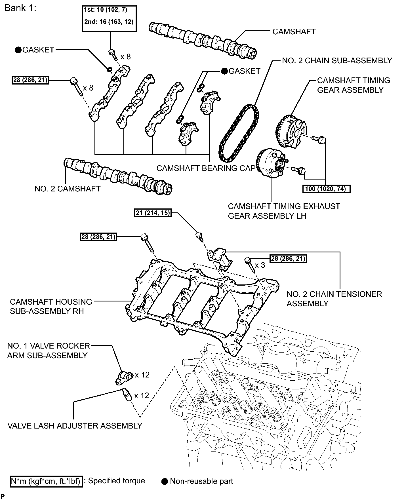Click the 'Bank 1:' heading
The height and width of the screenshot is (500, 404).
click(x=20, y=8)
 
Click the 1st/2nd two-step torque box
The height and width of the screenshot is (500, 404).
click(x=109, y=18)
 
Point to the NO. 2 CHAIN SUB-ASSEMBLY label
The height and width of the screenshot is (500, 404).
click(x=337, y=61)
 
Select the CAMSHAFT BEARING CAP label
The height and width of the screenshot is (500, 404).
click(x=206, y=168)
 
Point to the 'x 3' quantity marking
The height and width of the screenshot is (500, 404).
click(x=260, y=265)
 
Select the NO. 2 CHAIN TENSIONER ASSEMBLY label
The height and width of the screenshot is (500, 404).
click(x=334, y=299)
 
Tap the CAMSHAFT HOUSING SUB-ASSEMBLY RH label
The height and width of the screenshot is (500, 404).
click(x=51, y=306)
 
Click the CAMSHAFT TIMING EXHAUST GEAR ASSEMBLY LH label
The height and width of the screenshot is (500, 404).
click(x=284, y=211)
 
